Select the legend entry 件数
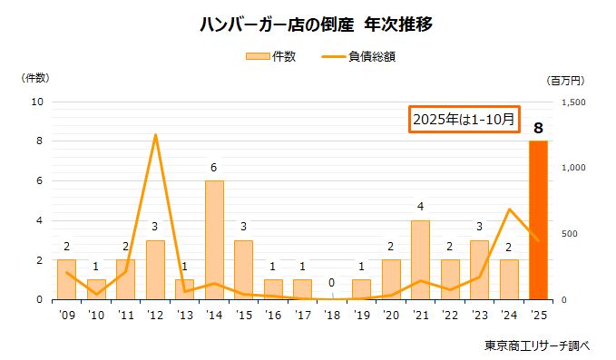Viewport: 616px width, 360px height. click(271, 56)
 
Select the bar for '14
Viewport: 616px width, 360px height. click(214, 240)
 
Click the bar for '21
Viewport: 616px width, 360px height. click(420, 259)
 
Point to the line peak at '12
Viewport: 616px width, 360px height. click(155, 135)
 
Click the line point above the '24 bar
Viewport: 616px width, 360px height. click(509, 209)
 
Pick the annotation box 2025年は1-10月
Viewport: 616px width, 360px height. click(464, 119)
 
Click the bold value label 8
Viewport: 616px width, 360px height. click(538, 129)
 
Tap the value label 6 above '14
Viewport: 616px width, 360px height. click(214, 168)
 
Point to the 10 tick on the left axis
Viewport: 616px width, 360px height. click(38, 102)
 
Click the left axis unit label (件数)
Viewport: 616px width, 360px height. click(35, 78)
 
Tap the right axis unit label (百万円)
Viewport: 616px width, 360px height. click(571, 81)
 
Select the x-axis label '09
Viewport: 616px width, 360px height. click(66, 316)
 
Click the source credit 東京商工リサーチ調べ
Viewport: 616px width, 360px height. click(537, 345)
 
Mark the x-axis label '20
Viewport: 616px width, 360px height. click(391, 316)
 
